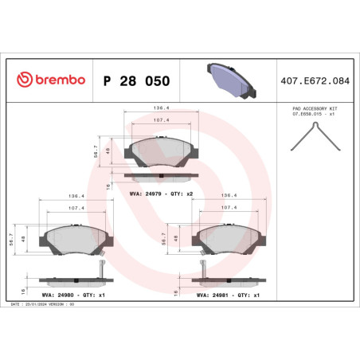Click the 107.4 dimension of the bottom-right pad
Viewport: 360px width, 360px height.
pos(229,208)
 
